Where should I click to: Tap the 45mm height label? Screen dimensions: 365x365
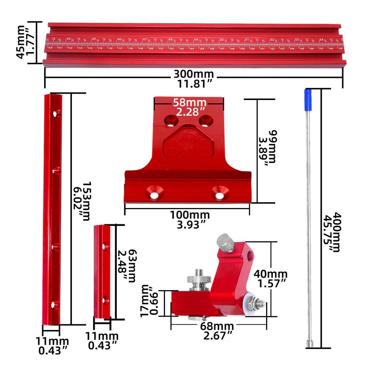click(x=21, y=41)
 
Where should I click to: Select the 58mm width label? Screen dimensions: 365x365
click(x=189, y=102)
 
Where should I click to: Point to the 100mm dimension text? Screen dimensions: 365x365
click(x=190, y=215)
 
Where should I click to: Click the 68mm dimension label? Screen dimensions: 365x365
click(x=219, y=326)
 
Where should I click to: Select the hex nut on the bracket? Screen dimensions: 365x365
click(x=251, y=303)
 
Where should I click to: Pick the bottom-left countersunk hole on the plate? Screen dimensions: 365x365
click(x=155, y=192)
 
